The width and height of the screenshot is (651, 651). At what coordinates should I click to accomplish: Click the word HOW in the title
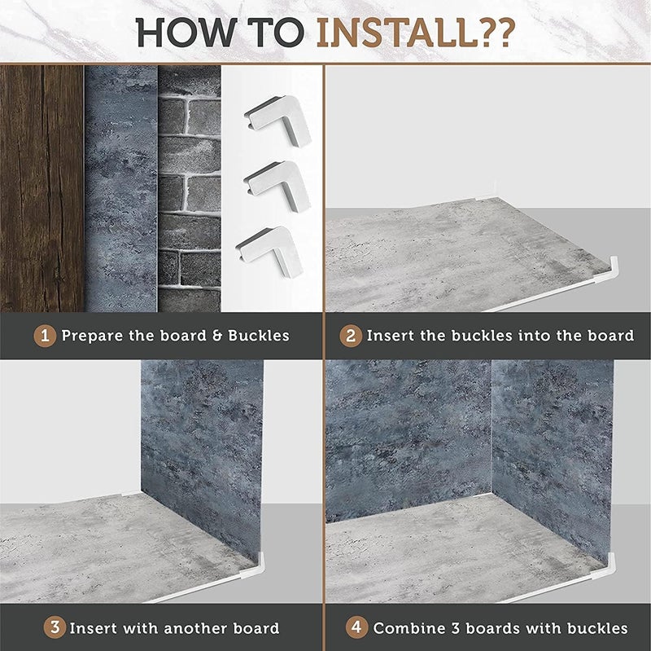click(x=186, y=32)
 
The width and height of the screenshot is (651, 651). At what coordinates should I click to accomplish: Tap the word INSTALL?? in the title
click(x=416, y=32)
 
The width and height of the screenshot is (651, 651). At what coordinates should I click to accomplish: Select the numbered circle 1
click(x=45, y=336)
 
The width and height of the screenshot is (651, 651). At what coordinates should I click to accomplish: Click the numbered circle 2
click(x=351, y=336)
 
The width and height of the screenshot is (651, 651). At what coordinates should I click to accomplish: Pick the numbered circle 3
click(x=55, y=627)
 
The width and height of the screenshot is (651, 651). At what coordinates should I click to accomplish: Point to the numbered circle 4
click(x=356, y=627)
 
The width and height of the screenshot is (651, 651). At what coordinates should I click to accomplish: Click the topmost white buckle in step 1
click(x=277, y=121)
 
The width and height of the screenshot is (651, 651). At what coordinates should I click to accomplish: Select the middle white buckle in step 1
click(x=277, y=186)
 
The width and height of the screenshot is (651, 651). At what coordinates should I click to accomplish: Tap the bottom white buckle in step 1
click(x=270, y=251)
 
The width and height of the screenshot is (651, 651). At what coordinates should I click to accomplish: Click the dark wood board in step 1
click(x=42, y=188)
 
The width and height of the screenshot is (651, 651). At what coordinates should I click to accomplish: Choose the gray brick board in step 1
click(x=190, y=188)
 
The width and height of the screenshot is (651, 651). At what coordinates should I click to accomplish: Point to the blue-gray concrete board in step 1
click(x=120, y=188)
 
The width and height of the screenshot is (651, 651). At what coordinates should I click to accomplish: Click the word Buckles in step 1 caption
click(x=259, y=336)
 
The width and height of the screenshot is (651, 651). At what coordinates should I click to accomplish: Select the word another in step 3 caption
click(x=196, y=628)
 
